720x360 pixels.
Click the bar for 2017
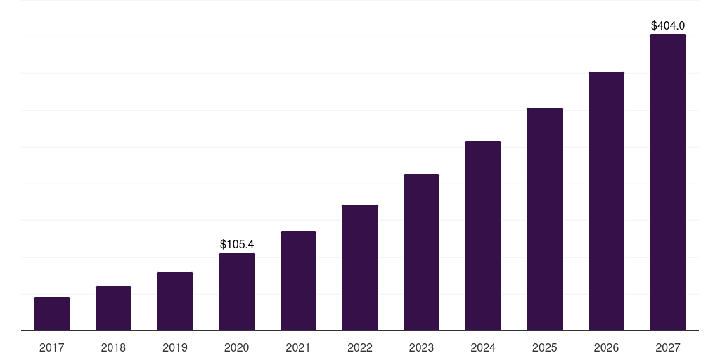click(52, 314)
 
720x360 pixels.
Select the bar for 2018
click(113, 308)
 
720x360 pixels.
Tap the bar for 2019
click(175, 301)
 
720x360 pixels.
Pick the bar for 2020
click(237, 292)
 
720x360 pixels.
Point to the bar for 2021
click(298, 281)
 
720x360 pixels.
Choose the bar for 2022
click(360, 267)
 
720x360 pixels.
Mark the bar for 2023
click(421, 252)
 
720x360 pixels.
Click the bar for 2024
click(483, 236)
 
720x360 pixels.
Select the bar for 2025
click(545, 219)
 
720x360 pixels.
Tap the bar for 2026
click(606, 201)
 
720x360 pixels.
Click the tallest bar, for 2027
click(668, 182)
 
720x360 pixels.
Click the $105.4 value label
click(237, 244)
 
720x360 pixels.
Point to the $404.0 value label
click(668, 26)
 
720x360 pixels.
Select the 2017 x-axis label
click(52, 347)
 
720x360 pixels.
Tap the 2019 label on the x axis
click(175, 347)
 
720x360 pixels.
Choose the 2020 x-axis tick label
click(237, 347)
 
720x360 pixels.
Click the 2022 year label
click(360, 347)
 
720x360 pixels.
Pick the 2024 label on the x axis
click(483, 347)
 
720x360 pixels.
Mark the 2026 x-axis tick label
click(606, 347)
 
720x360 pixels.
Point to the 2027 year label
click(668, 347)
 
